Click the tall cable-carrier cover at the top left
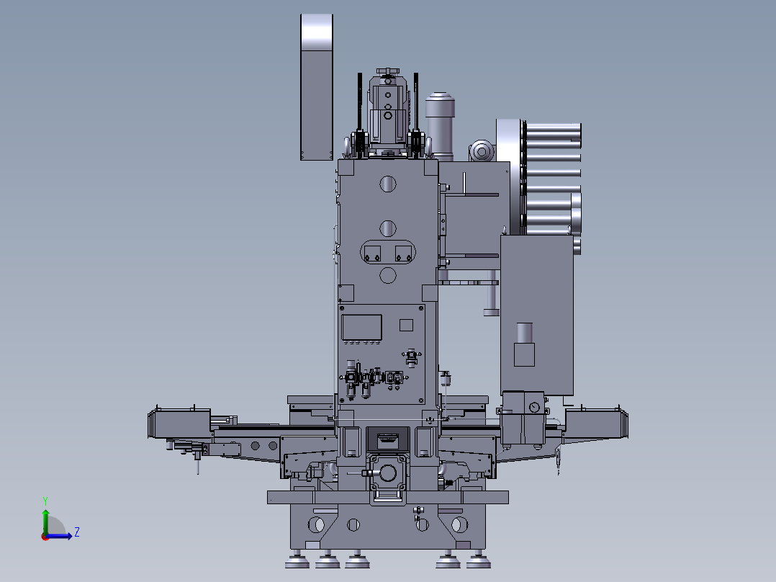coord(316,86)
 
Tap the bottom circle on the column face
coord(387,274)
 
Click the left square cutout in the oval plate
coord(372,252)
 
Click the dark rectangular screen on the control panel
coord(361,327)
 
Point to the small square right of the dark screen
coord(406,325)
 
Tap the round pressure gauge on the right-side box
coord(533,407)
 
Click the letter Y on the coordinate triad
coord(45,499)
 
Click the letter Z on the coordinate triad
coord(76,532)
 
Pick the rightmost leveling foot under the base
coord(475,560)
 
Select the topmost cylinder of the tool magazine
coord(553,131)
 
